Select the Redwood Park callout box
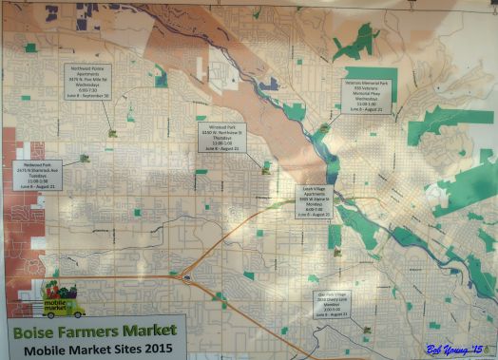39,176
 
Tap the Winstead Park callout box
221,137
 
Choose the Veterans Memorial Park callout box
368,95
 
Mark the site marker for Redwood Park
85,158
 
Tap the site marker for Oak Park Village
366,330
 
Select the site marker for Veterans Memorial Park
325,126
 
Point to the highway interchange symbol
187,277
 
